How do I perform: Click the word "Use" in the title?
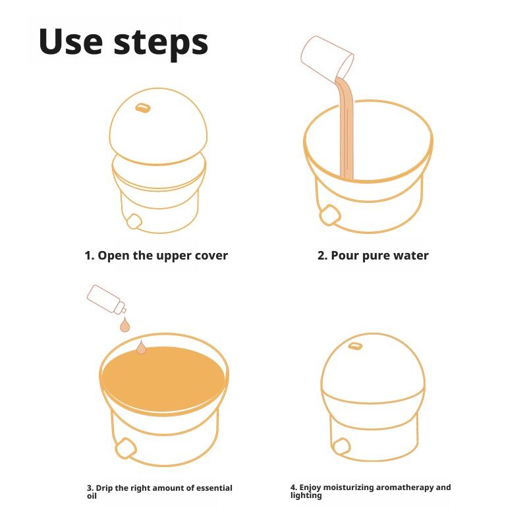point(70,42)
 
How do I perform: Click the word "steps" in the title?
point(161,44)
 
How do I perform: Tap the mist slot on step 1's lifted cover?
point(142,107)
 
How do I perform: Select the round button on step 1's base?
point(134,221)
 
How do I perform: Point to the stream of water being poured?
point(345,128)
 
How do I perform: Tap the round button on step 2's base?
point(330,215)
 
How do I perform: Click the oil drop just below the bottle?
point(125,324)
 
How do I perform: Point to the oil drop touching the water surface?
point(141,347)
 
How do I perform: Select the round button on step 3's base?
point(126,448)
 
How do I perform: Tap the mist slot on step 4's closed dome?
point(355,346)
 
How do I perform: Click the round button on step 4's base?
point(341,447)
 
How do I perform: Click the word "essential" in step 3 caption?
point(214,487)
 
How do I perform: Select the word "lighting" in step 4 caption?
point(306,495)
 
